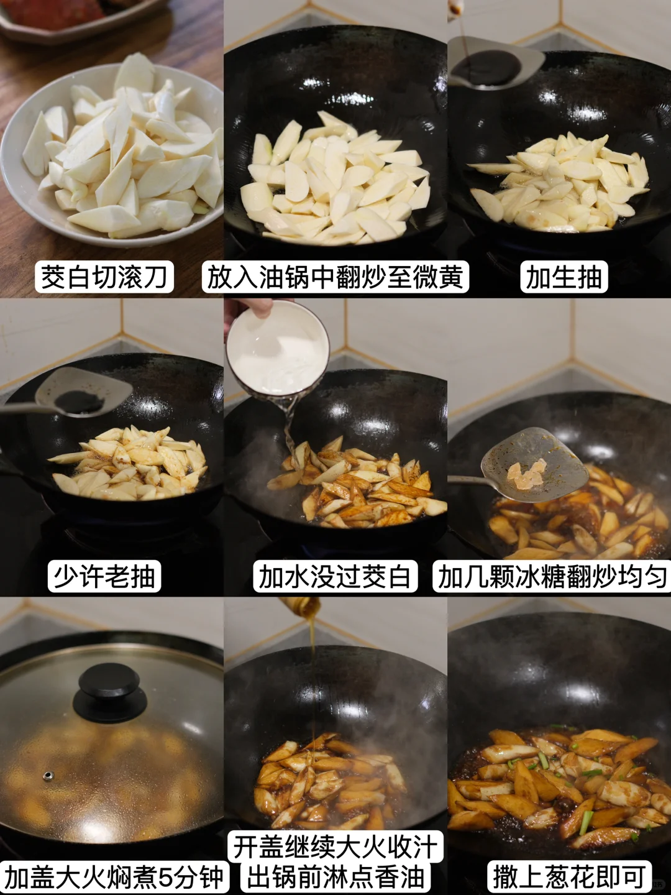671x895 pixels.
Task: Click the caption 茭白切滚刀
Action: tap(104, 277)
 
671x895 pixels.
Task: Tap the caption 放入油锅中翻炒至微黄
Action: tap(335, 277)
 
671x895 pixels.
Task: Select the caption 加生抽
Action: tap(564, 277)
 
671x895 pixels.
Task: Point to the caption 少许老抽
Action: tap(104, 576)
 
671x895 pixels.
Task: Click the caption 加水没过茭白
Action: tap(335, 576)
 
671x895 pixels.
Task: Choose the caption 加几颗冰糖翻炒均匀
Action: tap(552, 576)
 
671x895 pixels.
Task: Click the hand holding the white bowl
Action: tap(247, 312)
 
